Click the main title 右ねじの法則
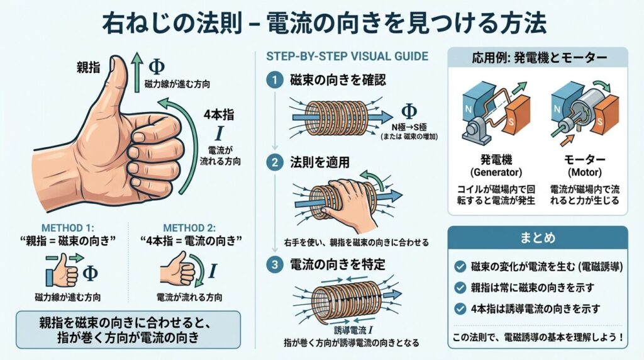172,23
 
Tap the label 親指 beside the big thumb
88,67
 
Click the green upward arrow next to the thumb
136,74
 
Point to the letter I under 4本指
219,133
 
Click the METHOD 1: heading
68,228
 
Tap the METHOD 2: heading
189,228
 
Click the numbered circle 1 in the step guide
274,80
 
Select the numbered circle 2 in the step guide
274,162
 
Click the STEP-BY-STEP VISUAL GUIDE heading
347,56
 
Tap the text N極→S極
409,127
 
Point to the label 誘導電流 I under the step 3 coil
353,330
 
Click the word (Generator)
496,172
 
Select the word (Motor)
584,172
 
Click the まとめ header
538,238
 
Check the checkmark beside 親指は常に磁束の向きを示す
460,287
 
